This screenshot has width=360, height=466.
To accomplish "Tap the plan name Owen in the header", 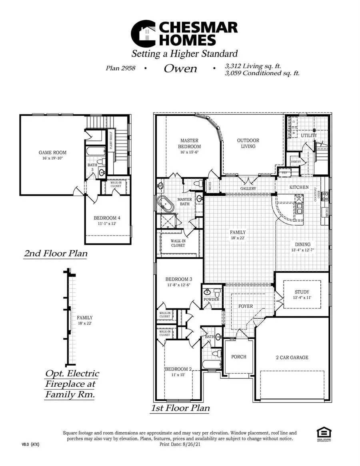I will click(x=180, y=68).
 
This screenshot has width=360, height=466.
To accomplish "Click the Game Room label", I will click(x=52, y=152).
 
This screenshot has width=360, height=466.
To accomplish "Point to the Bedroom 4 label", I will click(x=107, y=218).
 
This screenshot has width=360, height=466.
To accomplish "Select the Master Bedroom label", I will click(x=190, y=143).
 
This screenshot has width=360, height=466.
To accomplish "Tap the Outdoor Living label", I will click(x=248, y=143).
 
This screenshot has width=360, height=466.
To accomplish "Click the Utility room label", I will click(x=309, y=136).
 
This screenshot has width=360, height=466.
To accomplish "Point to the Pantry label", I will click(x=296, y=162).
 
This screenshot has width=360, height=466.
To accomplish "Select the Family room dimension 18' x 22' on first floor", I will click(x=237, y=238).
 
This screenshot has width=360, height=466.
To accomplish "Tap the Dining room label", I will click(x=303, y=244).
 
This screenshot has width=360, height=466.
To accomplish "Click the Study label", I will click(x=302, y=292).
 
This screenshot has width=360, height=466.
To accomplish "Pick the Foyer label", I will click(x=245, y=306).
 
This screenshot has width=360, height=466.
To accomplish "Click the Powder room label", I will click(x=212, y=299).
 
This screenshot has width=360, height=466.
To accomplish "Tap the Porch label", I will click(x=239, y=356).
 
